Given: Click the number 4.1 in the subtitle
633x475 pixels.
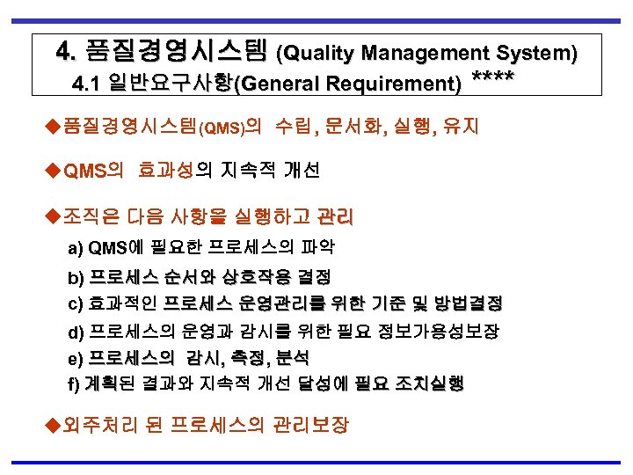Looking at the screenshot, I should [x=89, y=85].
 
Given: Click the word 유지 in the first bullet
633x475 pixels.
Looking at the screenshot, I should [x=462, y=128].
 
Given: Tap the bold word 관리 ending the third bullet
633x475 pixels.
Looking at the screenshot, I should [x=335, y=216].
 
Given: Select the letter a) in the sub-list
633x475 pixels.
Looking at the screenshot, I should [x=76, y=247].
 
